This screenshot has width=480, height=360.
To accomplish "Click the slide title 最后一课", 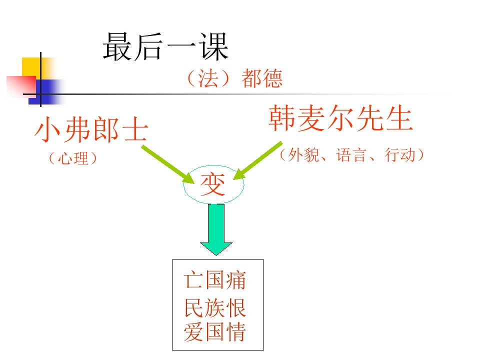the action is (x=165, y=47).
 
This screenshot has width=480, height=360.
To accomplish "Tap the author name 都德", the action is (x=262, y=78).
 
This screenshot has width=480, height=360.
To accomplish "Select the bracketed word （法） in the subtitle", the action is (x=208, y=78).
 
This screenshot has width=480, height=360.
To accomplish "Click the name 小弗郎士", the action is (x=91, y=129).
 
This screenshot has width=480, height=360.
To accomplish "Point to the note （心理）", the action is (x=73, y=158).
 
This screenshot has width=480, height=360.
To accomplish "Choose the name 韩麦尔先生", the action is (x=340, y=118).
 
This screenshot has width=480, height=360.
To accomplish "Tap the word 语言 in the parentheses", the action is (x=351, y=155).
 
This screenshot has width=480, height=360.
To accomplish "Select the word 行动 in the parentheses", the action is (x=400, y=155).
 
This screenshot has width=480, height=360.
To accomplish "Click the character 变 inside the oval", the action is (x=213, y=184).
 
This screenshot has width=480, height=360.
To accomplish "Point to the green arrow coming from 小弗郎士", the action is (x=168, y=164).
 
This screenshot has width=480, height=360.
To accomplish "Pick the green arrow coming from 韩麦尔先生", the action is (x=258, y=160).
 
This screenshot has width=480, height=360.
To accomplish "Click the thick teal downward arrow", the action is (x=216, y=229).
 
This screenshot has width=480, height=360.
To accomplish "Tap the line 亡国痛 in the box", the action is (x=215, y=280).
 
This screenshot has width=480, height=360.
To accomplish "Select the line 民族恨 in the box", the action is (x=215, y=307).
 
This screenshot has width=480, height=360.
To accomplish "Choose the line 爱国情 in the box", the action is (x=215, y=332).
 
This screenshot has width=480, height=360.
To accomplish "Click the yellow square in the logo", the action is (x=31, y=67).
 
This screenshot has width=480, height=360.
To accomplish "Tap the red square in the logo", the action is (x=21, y=86).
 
